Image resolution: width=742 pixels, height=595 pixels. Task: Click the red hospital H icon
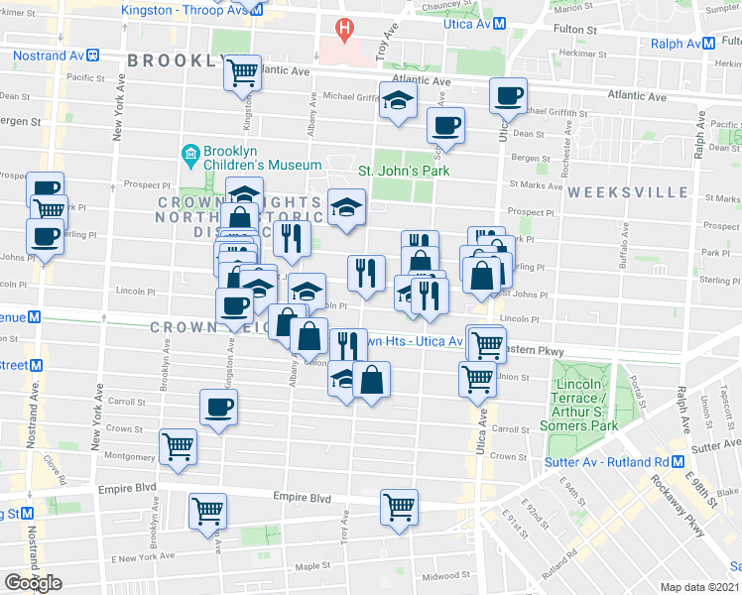344,31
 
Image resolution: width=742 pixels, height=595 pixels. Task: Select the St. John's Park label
404,171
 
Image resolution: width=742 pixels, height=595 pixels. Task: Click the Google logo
33,582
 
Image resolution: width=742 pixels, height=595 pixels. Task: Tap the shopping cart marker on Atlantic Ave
242,71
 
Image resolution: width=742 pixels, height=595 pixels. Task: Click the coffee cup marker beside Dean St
445,126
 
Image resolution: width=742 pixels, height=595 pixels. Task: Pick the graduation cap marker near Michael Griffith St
399,100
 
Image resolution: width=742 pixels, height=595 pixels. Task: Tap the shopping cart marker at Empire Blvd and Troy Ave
399,506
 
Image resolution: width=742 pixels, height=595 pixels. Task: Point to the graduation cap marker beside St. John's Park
346,206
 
